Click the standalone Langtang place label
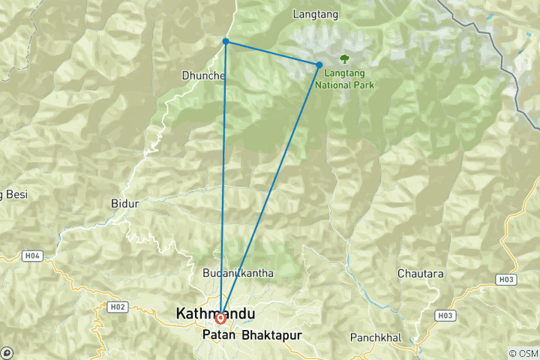315,14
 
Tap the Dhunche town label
199,75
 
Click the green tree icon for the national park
344,58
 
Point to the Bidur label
124,204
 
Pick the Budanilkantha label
238,273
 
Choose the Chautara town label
421,274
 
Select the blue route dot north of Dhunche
226,41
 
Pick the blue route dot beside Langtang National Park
319,65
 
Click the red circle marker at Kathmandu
220,318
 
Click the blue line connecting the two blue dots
272,53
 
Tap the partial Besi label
13,194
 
